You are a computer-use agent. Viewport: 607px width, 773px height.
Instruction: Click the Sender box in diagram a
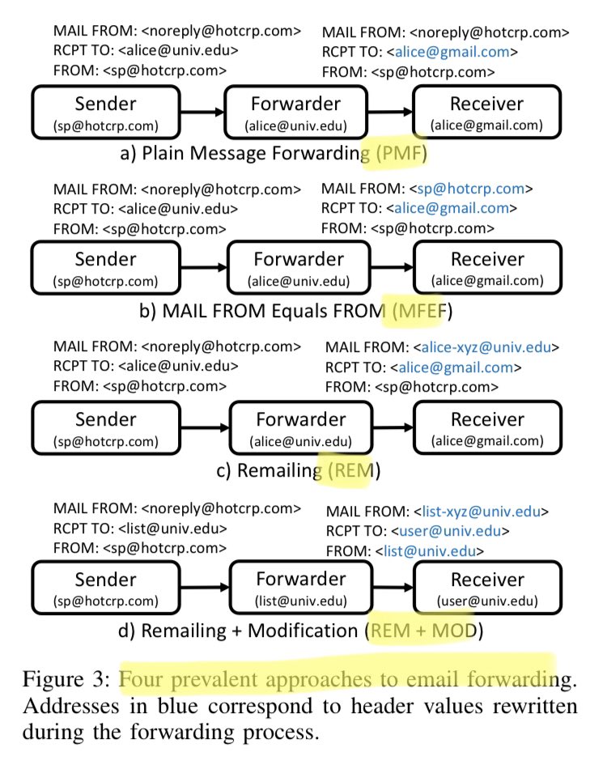(x=106, y=113)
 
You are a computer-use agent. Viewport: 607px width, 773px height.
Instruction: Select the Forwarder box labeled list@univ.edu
(x=301, y=587)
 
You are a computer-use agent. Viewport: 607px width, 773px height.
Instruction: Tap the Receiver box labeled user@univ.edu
(x=488, y=588)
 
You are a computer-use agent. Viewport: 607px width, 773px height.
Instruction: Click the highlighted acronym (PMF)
(x=401, y=153)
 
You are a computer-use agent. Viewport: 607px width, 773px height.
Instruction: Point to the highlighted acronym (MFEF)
(x=422, y=311)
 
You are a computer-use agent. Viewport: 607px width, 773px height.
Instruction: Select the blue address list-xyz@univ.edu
(x=482, y=512)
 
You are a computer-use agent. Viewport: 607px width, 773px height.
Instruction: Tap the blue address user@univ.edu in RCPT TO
(x=450, y=531)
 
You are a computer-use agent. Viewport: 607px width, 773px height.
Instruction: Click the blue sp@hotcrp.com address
(x=470, y=189)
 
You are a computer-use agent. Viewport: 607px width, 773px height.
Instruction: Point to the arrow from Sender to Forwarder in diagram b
(x=204, y=267)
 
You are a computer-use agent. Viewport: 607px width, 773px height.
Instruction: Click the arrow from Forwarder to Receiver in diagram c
(x=393, y=427)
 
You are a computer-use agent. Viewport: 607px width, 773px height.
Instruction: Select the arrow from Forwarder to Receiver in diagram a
(x=391, y=112)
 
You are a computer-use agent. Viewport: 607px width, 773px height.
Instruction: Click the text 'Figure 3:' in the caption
(x=66, y=680)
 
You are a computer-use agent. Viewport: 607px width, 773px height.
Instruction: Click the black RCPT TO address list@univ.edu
(x=172, y=529)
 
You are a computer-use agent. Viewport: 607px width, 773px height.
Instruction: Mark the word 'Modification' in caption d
(x=302, y=631)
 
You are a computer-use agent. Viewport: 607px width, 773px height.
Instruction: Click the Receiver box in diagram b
(x=488, y=268)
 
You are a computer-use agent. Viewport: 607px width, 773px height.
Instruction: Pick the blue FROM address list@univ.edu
(x=430, y=551)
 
